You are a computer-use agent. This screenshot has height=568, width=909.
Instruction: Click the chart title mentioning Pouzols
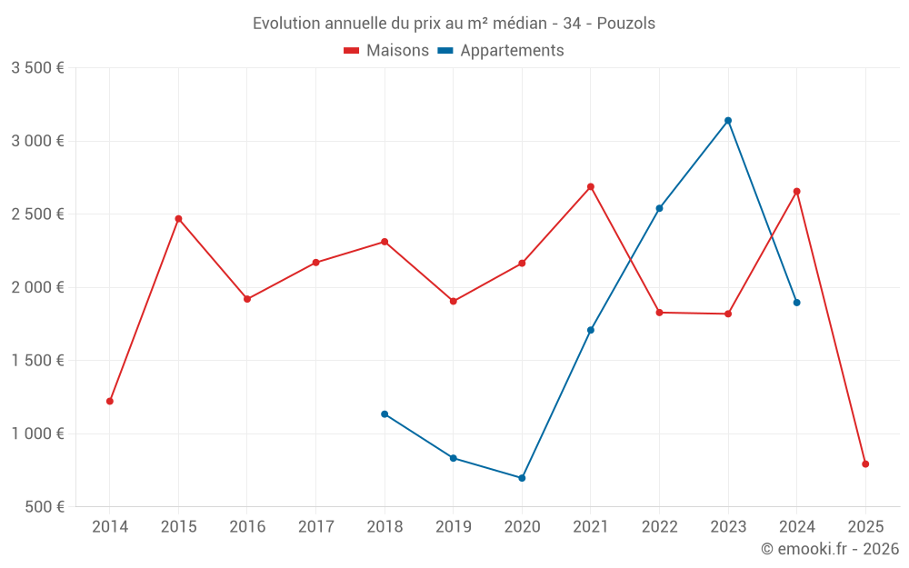[x=454, y=24]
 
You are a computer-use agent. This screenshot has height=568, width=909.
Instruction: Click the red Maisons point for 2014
[x=110, y=401]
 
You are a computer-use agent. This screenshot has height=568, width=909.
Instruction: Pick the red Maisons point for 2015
[x=178, y=219]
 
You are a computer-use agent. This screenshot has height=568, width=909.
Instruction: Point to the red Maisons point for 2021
[x=591, y=187]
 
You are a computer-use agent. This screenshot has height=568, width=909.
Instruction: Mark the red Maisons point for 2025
[x=865, y=464]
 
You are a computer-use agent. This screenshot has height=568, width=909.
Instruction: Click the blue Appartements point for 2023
[x=728, y=121]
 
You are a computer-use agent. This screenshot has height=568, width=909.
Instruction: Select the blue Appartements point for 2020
[x=522, y=478]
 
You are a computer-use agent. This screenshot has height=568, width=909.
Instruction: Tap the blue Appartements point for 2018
[x=385, y=414]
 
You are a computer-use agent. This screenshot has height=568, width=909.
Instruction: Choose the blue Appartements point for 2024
[x=797, y=303]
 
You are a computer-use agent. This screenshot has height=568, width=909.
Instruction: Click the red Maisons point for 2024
[x=797, y=192]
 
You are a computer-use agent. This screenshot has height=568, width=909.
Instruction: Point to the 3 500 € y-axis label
[x=37, y=68]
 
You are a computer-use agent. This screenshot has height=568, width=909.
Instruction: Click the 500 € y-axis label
[x=44, y=507]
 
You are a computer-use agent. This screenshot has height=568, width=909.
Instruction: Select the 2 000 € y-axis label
[x=37, y=287]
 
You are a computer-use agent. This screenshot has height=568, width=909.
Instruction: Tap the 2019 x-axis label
[x=453, y=527]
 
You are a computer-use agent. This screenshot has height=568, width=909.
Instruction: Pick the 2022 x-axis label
[x=659, y=527]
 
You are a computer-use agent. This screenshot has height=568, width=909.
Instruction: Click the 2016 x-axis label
[x=247, y=527]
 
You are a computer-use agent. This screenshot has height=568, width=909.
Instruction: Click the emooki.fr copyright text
[x=829, y=549]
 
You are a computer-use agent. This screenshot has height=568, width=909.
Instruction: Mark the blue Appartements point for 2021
[x=591, y=330]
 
